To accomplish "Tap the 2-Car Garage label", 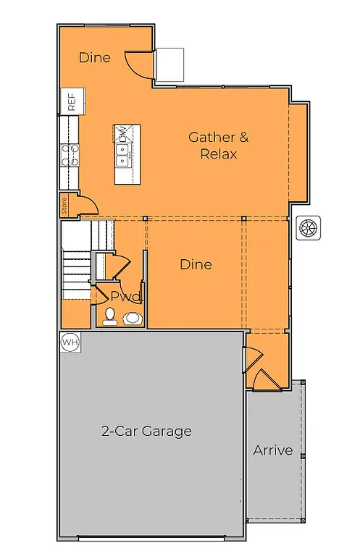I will pyautogui.click(x=146, y=431).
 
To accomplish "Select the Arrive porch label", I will pyautogui.click(x=273, y=450).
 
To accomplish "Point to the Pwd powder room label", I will pyautogui.click(x=126, y=296).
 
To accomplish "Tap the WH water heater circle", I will pyautogui.click(x=70, y=341).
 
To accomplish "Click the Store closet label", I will pyautogui.click(x=64, y=207).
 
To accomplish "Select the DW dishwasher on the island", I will pyautogui.click(x=123, y=134).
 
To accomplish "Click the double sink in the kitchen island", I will pyautogui.click(x=123, y=152).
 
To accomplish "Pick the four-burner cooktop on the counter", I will pyautogui.click(x=70, y=155).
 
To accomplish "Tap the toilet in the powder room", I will pyautogui.click(x=110, y=316).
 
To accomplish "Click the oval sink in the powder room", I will pyautogui.click(x=133, y=318).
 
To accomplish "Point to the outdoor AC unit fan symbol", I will pyautogui.click(x=309, y=227).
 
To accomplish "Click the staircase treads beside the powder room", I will pyautogui.click(x=75, y=271).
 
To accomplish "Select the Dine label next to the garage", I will pyautogui.click(x=196, y=264).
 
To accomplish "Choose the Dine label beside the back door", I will pyautogui.click(x=94, y=56).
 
